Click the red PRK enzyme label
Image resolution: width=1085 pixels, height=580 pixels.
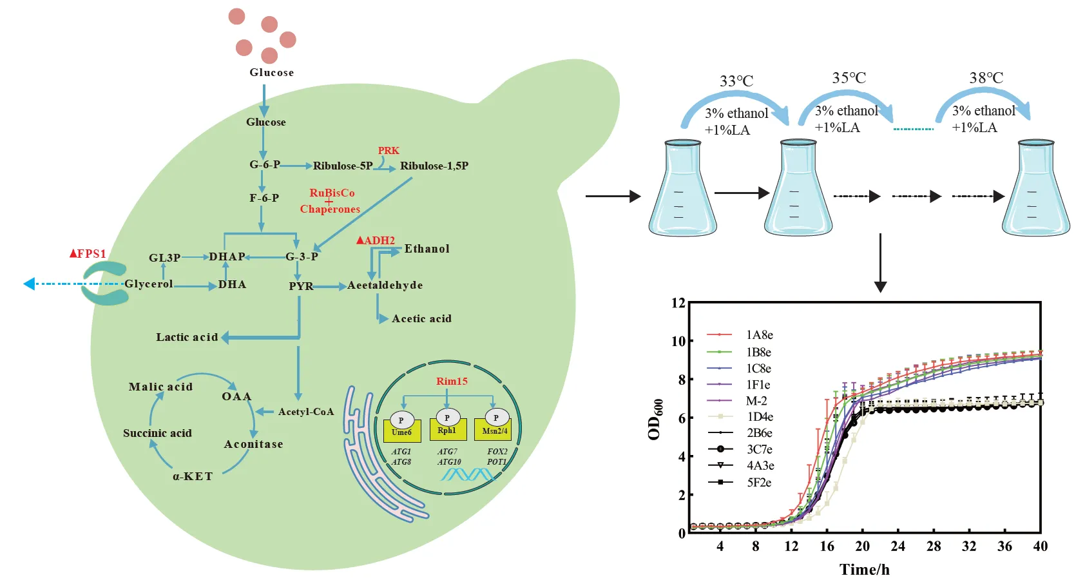pos(389,150)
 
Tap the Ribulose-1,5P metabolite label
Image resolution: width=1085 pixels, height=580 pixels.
pos(434,166)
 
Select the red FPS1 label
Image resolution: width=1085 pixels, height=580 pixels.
pos(88,253)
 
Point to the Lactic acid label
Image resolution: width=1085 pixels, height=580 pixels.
pos(187,337)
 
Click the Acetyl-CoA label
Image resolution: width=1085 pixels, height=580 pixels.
pos(306,412)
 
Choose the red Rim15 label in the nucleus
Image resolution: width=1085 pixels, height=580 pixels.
pos(452,381)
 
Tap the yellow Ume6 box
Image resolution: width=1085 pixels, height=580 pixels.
pos(401,431)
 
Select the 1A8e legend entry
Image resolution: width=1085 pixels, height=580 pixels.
pos(759,334)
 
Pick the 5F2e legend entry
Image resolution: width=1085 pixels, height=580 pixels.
pos(759,482)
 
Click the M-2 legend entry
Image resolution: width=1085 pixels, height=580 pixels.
pos(756,401)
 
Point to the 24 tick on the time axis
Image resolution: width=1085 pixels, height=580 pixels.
pos(898,546)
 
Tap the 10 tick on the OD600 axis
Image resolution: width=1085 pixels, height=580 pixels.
pos(678,341)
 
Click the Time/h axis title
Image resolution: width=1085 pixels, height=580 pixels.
pos(864,569)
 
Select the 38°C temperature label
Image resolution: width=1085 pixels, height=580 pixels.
pos(986,78)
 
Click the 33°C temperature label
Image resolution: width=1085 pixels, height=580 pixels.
pos(736,81)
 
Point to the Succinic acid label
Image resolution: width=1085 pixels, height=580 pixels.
pos(157,433)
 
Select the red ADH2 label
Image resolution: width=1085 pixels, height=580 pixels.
pos(376,240)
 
